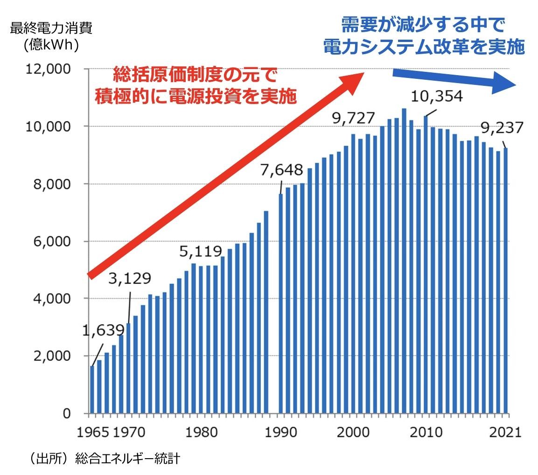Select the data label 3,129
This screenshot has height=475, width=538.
(x=130, y=279)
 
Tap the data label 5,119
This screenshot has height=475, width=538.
(x=201, y=252)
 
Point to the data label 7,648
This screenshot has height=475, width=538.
(x=282, y=170)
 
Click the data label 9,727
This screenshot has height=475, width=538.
(x=354, y=119)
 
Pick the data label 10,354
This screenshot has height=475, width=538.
(x=437, y=96)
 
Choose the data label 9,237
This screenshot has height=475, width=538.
(x=503, y=127)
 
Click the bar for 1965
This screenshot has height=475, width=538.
(x=92, y=390)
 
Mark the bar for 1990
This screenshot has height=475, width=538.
(x=281, y=303)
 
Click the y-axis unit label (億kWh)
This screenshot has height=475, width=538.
(x=51, y=45)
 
